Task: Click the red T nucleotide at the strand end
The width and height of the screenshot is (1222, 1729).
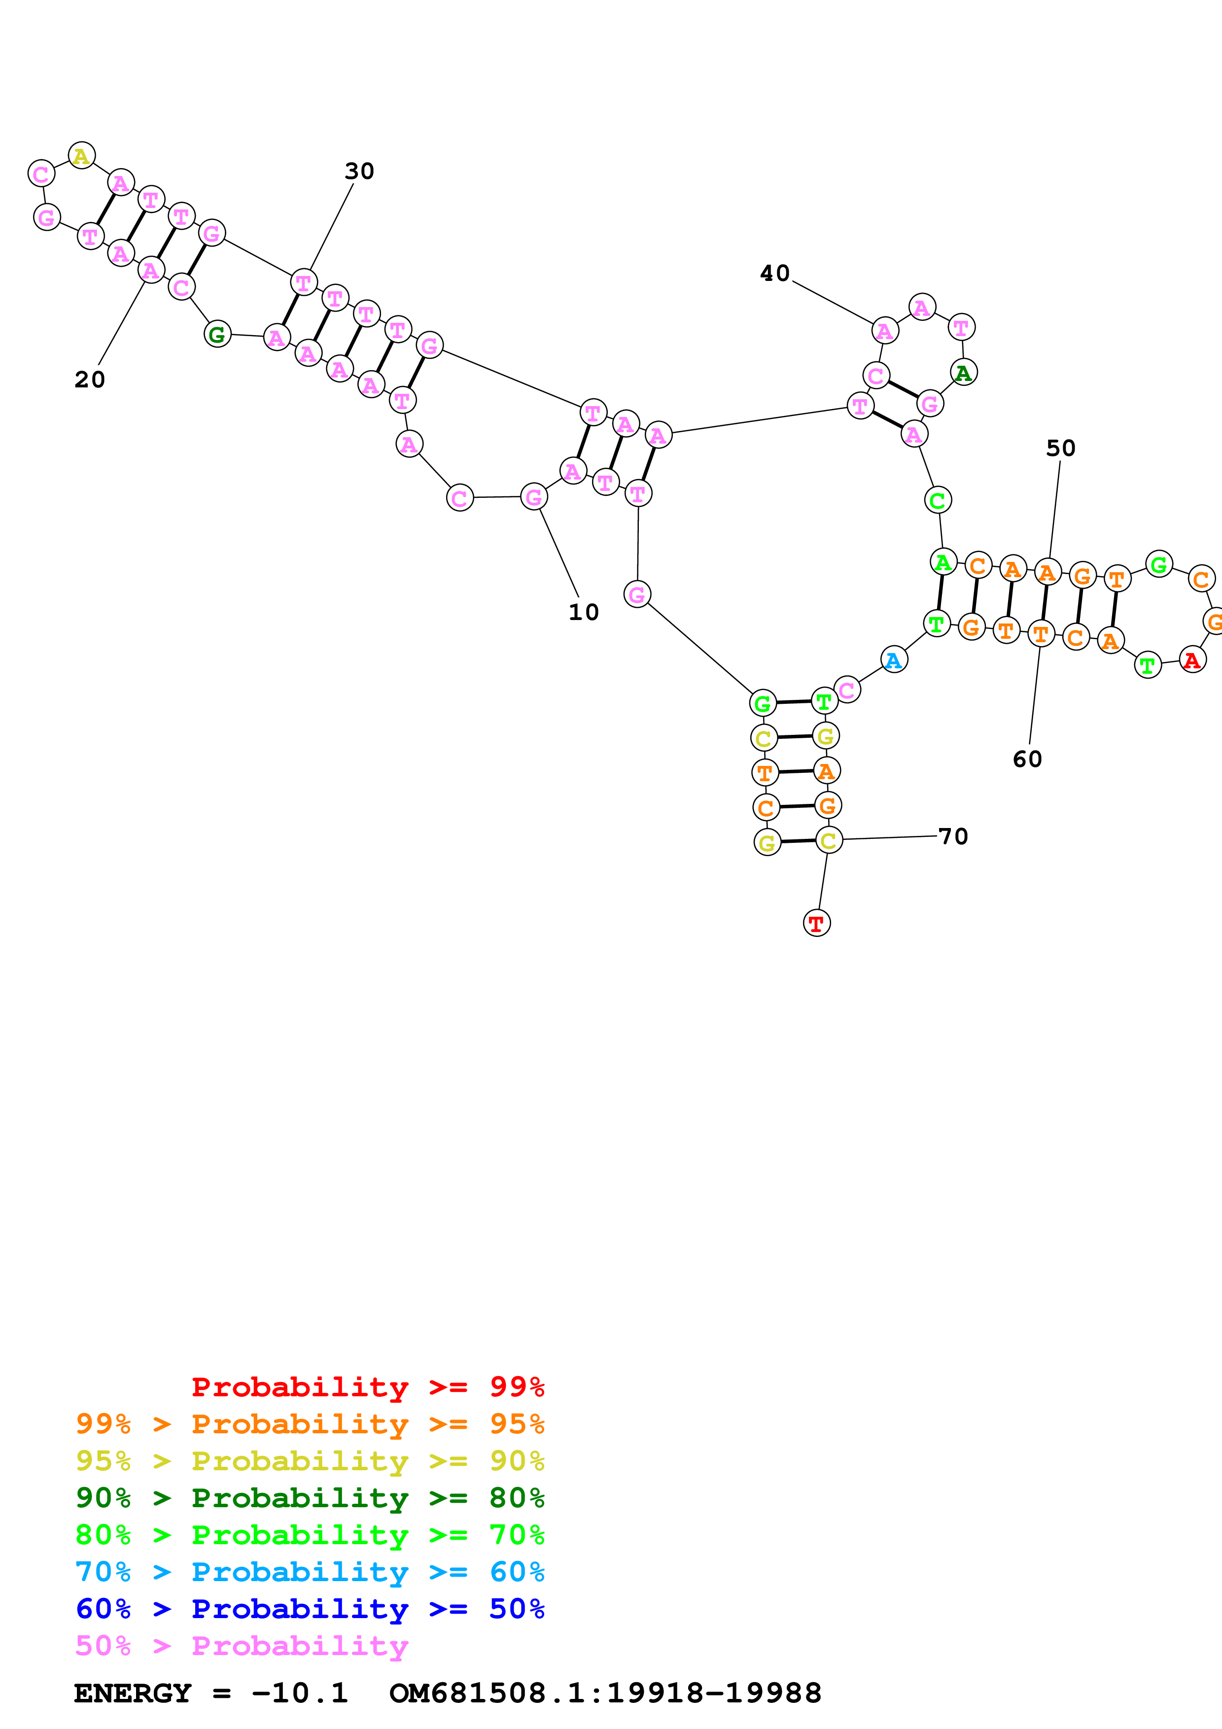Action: click(816, 923)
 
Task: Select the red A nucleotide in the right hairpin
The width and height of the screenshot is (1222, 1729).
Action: click(1192, 659)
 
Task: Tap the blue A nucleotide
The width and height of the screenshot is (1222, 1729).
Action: click(894, 659)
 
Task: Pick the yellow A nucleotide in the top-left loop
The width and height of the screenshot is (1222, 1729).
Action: click(81, 156)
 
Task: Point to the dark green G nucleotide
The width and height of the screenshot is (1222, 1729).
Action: click(217, 334)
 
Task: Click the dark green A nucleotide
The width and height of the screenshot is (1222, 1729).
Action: click(963, 372)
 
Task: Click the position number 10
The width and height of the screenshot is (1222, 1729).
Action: click(584, 612)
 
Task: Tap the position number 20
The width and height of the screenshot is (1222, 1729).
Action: click(90, 380)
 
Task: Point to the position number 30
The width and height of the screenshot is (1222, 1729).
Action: click(359, 172)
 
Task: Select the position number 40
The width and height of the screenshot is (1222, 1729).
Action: click(775, 274)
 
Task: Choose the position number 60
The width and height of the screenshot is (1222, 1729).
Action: click(1027, 759)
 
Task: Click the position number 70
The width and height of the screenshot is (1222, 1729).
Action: click(953, 836)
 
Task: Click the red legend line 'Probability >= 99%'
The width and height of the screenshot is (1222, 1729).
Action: click(367, 1387)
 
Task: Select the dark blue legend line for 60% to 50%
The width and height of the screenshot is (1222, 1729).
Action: click(310, 1609)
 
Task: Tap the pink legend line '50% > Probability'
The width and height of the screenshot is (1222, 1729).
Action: click(242, 1646)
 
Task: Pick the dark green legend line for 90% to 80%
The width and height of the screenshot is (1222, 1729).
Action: click(310, 1498)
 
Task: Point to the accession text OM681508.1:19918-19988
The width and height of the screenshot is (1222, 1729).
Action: click(605, 1693)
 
